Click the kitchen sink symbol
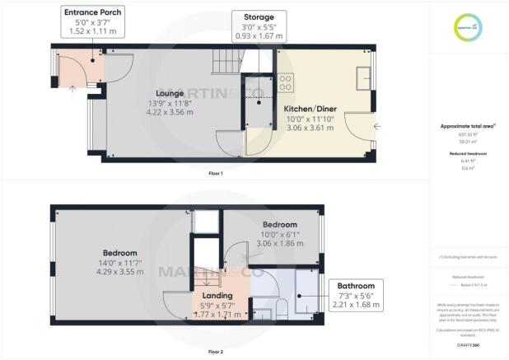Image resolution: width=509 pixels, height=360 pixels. (x=363, y=77)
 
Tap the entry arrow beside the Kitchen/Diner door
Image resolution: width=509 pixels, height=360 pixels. (x=376, y=126)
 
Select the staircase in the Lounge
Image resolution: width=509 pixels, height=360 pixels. (x=225, y=61)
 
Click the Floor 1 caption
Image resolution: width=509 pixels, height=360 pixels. (x=215, y=174)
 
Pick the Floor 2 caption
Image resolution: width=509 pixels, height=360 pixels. (x=215, y=351)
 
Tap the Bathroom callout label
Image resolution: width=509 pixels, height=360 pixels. (x=355, y=286)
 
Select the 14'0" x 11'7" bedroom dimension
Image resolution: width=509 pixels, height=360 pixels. (x=120, y=262)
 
